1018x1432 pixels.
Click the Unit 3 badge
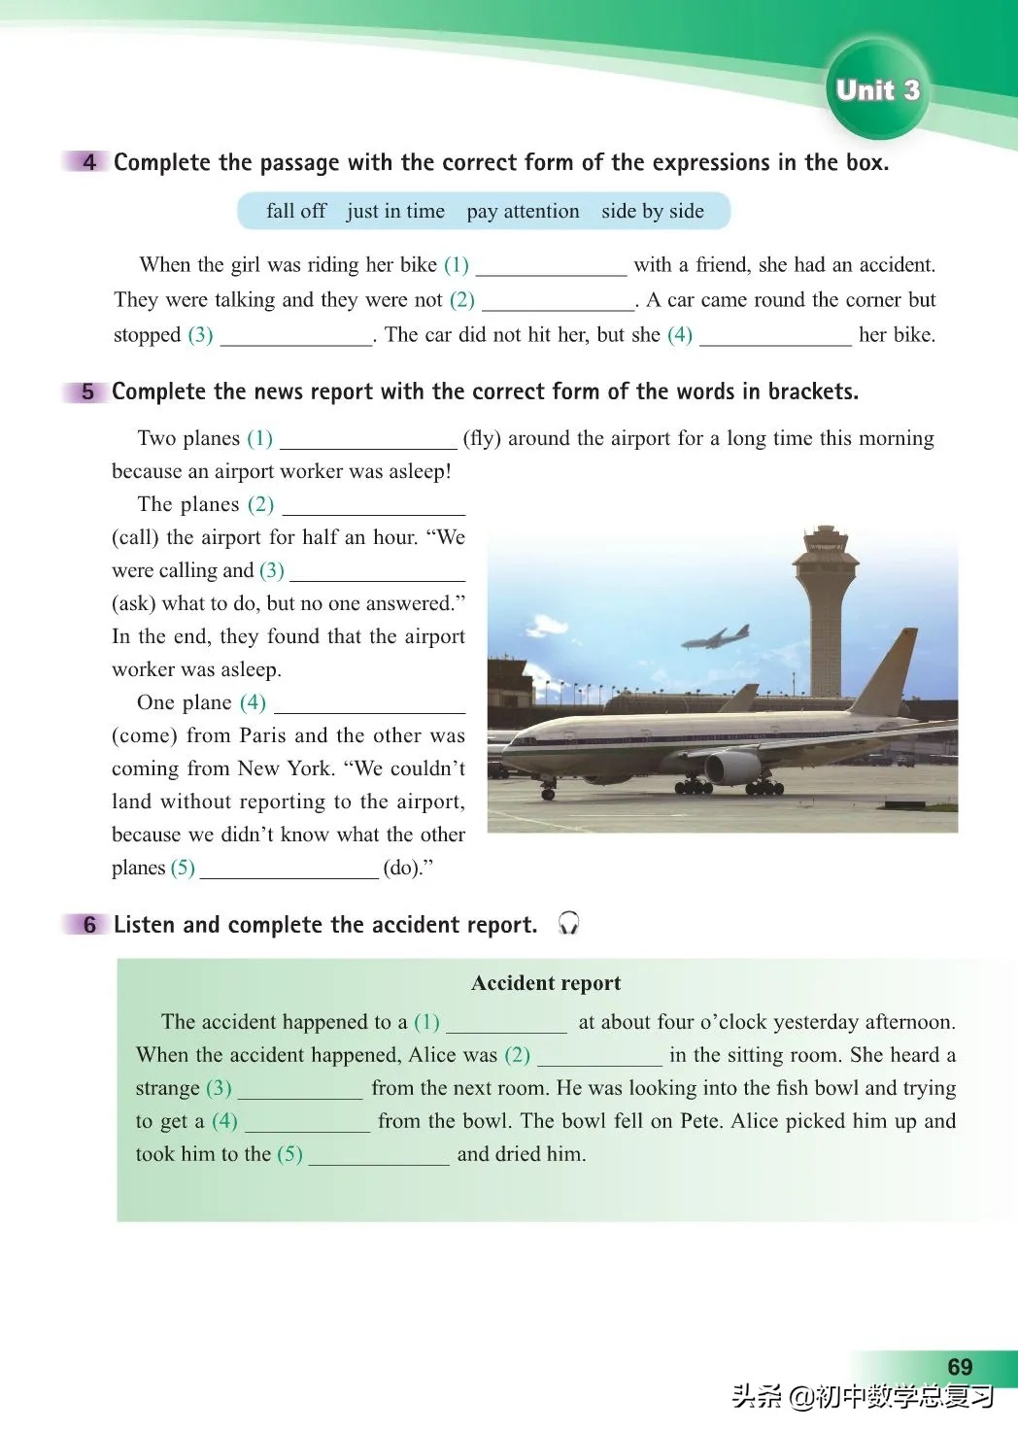(876, 90)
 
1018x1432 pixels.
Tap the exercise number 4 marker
(88, 162)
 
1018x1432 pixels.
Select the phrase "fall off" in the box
(295, 211)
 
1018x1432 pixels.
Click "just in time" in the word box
(395, 211)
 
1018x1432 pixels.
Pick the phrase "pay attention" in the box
(523, 211)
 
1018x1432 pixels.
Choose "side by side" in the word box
(653, 211)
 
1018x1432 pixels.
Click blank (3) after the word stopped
(296, 335)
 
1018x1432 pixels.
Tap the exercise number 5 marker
(87, 392)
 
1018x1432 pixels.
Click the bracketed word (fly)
(482, 438)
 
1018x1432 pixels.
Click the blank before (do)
(288, 868)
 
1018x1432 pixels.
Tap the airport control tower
(821, 602)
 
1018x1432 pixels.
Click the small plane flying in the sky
(716, 637)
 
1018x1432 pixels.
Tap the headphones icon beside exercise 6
(569, 923)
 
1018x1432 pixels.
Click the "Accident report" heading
(546, 983)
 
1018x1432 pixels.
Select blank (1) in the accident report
(506, 1022)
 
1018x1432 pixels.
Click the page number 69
(959, 1367)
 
